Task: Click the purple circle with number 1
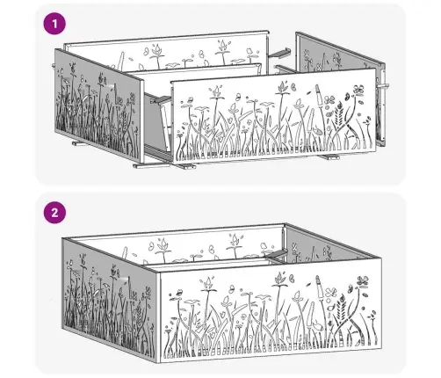[x=54, y=24]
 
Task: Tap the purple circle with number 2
[x=54, y=213]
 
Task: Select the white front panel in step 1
[x=274, y=116]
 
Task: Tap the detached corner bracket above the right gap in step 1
[x=280, y=53]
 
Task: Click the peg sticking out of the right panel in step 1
[x=383, y=86]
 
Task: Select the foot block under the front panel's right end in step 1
[x=329, y=157]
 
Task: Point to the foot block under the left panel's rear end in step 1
[x=80, y=143]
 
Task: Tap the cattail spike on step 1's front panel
[x=319, y=94]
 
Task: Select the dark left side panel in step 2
[x=110, y=299]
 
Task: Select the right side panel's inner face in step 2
[x=331, y=246]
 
